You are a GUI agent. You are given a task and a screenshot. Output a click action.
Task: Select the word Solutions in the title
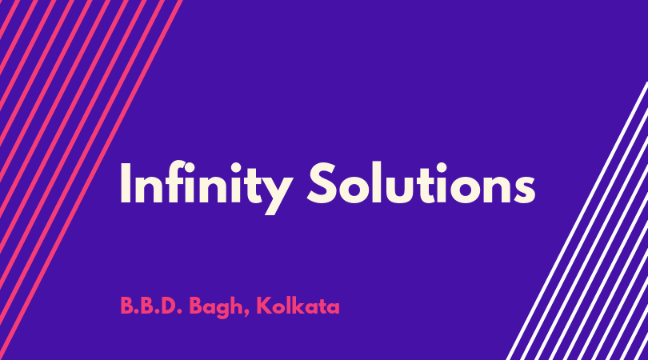[421, 183]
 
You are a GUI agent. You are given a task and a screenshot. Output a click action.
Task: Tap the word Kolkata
[298, 306]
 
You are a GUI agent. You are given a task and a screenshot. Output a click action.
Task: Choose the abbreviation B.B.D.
[151, 306]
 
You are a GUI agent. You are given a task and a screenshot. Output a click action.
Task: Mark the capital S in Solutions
[324, 183]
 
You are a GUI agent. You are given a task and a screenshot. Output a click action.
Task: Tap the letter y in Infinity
[276, 194]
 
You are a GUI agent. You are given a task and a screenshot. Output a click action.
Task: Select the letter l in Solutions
[377, 182]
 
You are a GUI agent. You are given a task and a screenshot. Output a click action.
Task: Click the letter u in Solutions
[400, 189]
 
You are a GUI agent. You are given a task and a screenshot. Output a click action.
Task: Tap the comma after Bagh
[246, 314]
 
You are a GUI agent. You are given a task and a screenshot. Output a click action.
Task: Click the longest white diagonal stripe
[577, 221]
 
